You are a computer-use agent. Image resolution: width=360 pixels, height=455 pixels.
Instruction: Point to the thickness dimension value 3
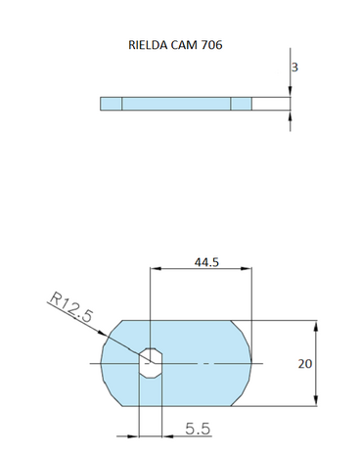[294, 68]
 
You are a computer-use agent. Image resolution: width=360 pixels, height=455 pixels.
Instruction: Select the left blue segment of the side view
[111, 103]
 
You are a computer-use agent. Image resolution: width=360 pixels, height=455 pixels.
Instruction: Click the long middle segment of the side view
[176, 103]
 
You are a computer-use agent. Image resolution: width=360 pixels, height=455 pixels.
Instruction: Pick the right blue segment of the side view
[241, 103]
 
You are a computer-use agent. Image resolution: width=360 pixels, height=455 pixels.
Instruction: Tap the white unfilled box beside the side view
[271, 103]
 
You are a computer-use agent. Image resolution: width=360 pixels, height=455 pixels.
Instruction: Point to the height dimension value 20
[304, 363]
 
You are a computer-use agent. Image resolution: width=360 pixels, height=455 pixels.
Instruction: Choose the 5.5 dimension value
[198, 427]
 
